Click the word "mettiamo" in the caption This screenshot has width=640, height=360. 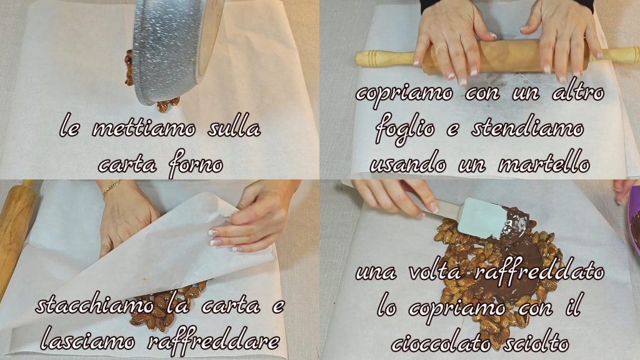tap(144, 129)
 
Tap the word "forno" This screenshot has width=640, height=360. tap(196, 165)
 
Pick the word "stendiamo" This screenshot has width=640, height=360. tap(527, 127)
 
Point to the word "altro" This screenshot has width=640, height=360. tap(578, 91)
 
